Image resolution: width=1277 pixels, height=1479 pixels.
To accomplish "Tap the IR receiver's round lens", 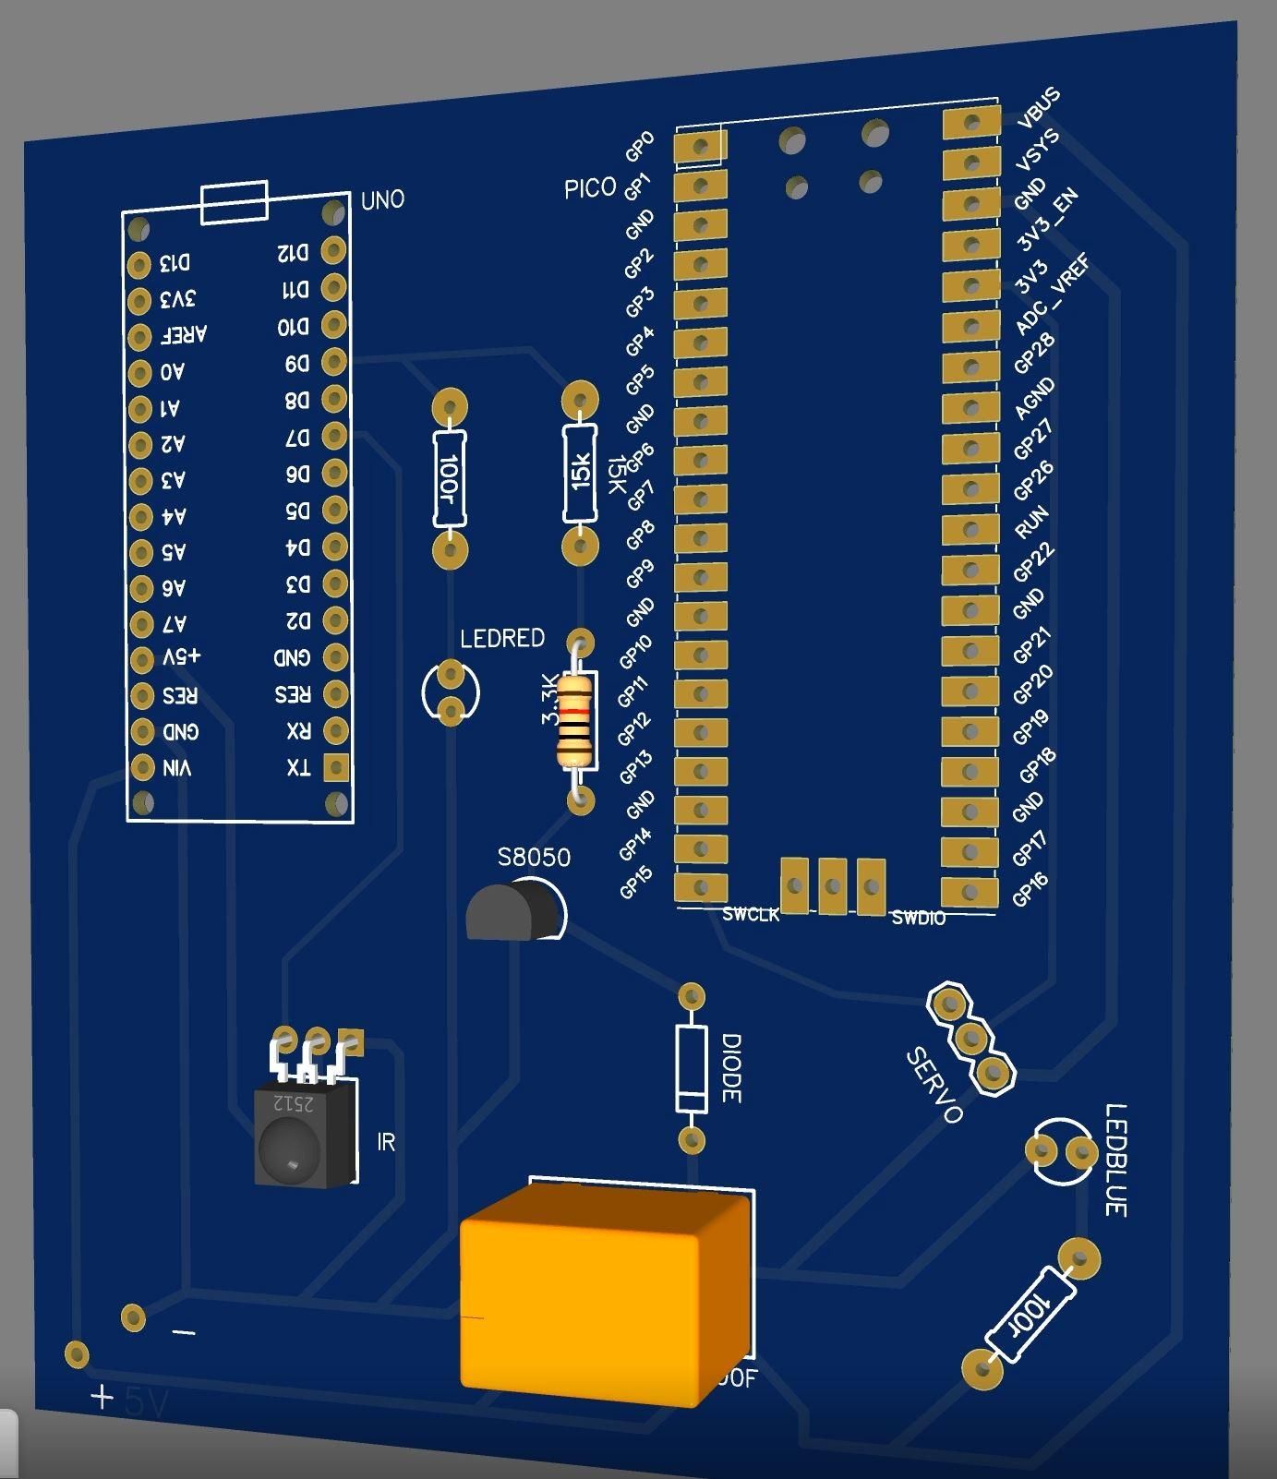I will click(290, 1148).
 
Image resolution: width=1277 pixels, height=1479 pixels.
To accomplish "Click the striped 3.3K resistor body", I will click(574, 720).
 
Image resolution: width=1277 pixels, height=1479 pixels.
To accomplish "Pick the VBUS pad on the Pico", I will click(971, 122).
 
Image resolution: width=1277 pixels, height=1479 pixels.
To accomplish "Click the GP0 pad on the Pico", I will click(700, 146).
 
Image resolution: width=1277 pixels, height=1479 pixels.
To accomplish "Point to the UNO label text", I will click(382, 199).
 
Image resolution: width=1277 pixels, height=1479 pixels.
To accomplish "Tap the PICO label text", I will click(590, 188).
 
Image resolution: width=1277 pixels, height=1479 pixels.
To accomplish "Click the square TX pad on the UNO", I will click(335, 766).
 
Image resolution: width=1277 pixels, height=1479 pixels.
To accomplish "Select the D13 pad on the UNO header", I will click(139, 265).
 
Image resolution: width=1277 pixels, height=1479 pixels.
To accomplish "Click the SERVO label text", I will click(934, 1086).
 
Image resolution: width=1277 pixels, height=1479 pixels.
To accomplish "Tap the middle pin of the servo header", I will click(970, 1038).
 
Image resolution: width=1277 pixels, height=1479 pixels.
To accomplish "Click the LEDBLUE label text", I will click(1115, 1160).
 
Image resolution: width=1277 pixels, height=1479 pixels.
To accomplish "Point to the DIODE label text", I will click(730, 1068).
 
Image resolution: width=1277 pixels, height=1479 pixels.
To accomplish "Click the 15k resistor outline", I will click(580, 473).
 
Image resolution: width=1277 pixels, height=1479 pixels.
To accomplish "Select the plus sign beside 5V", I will click(102, 1397).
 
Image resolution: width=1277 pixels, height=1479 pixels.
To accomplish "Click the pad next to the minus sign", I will click(133, 1317).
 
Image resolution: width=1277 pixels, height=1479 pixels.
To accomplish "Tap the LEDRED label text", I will click(502, 638).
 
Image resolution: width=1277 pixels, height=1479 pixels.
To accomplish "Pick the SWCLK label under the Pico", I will click(751, 914).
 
